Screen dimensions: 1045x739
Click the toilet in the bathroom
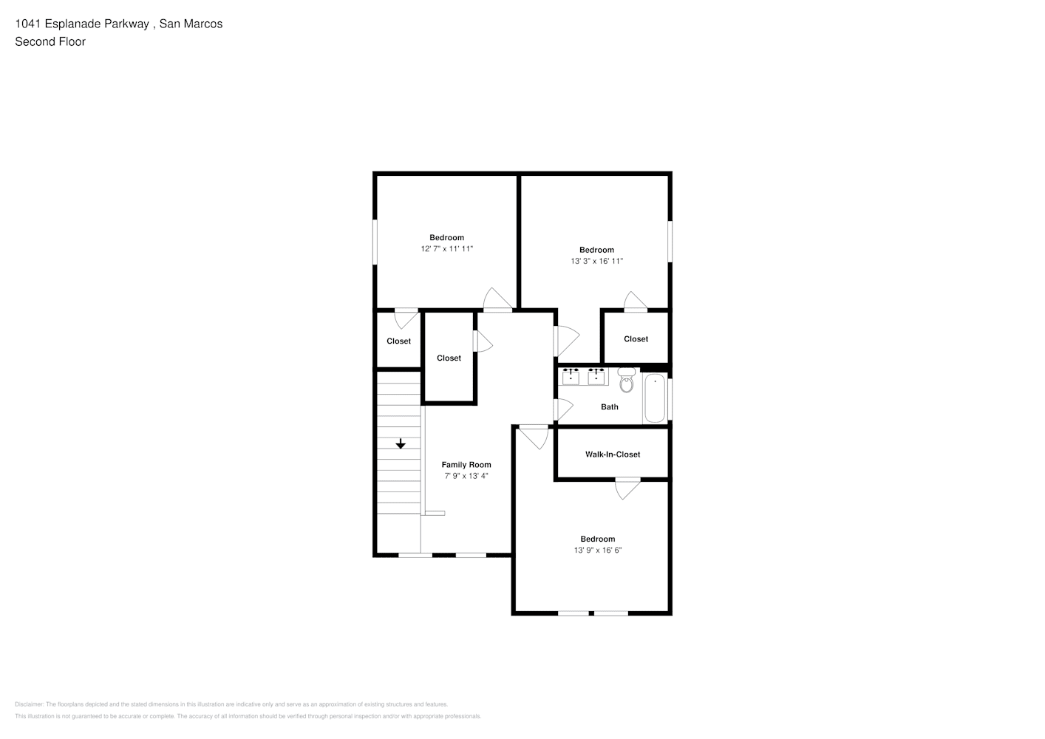tap(627, 380)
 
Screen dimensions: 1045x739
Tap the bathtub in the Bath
tap(655, 398)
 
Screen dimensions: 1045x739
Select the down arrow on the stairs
tap(401, 443)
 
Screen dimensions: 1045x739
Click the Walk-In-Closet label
tap(613, 454)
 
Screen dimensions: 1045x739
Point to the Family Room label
tap(466, 465)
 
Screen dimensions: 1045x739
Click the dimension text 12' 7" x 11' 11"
tap(447, 249)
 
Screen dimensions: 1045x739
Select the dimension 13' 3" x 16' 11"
tap(596, 262)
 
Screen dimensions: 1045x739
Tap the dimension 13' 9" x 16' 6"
tap(598, 550)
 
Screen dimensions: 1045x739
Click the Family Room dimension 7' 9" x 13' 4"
tap(466, 476)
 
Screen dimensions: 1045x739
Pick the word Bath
tap(609, 407)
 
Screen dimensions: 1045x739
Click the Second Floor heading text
tap(50, 41)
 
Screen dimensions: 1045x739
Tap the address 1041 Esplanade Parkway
tap(82, 24)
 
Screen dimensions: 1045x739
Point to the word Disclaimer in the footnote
tap(30, 704)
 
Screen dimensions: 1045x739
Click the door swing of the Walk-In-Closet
tap(627, 488)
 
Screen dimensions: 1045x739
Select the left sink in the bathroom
tap(571, 376)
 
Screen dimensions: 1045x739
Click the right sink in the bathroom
tap(596, 376)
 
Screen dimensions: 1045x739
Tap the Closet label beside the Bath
tap(636, 339)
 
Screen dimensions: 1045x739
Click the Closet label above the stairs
tap(398, 341)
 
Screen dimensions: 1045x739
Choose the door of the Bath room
tap(563, 409)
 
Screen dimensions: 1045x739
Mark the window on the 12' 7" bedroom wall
tap(375, 242)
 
